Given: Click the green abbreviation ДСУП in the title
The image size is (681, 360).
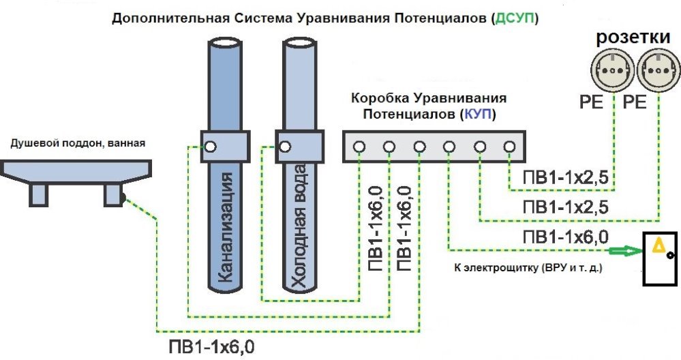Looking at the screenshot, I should click(x=512, y=19).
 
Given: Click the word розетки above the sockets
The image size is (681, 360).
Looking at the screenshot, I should click(x=632, y=39).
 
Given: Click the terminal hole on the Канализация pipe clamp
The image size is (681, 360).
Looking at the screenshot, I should click(x=211, y=146).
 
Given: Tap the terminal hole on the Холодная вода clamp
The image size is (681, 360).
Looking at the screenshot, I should click(x=285, y=146).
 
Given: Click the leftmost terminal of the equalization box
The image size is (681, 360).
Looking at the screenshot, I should click(x=359, y=147).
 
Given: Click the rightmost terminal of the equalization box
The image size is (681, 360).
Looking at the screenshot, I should click(x=509, y=147).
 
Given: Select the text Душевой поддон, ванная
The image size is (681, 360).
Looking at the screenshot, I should click(x=78, y=143).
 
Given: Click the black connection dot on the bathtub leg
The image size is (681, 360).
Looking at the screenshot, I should click(x=123, y=199).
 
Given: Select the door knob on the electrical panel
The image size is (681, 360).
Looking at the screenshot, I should click(x=671, y=256).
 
